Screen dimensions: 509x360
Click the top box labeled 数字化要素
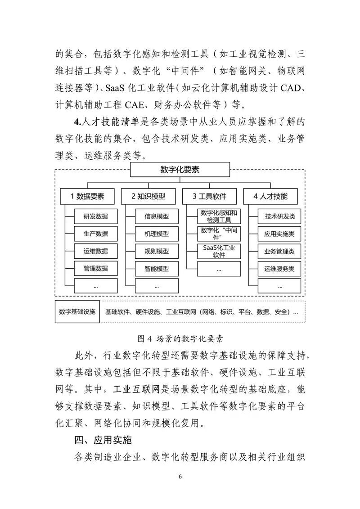click(x=180, y=170)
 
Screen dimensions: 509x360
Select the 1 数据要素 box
click(x=87, y=196)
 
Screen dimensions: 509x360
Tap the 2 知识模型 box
click(x=148, y=196)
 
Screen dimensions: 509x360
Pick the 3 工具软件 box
click(x=209, y=196)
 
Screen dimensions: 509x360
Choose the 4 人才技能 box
click(x=270, y=196)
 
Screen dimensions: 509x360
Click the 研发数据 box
click(x=95, y=216)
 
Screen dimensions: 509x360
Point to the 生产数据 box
click(x=95, y=234)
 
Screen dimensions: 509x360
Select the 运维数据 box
click(x=95, y=251)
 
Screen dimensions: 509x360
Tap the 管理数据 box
click(x=95, y=269)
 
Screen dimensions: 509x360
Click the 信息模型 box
click(x=157, y=216)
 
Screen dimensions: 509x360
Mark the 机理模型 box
click(x=157, y=234)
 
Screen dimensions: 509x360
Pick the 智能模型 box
click(x=157, y=269)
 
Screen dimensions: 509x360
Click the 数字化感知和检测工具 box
click(x=219, y=216)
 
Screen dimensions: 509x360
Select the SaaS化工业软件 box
click(x=219, y=251)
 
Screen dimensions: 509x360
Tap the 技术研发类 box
click(x=279, y=216)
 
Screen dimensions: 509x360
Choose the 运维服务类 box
click(x=279, y=269)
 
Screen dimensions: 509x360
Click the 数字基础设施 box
click(x=77, y=311)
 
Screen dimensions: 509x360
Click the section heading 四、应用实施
click(x=103, y=440)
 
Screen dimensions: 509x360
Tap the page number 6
click(x=180, y=477)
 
